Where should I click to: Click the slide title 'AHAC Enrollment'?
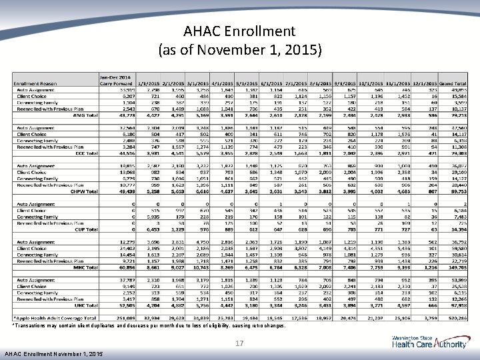click(x=240, y=31)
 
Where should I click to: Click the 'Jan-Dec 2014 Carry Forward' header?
click(x=115, y=79)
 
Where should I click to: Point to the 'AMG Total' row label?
click(x=84, y=115)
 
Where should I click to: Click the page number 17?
click(x=239, y=343)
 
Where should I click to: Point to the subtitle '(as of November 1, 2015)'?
click(x=240, y=49)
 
